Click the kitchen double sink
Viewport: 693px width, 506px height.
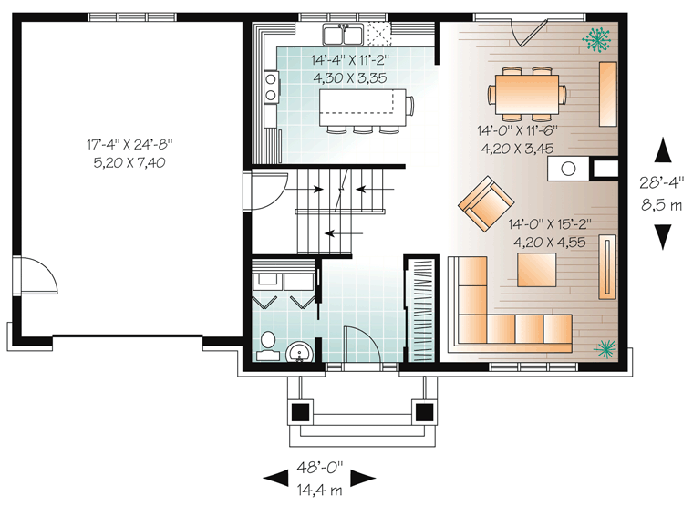[x=343, y=35]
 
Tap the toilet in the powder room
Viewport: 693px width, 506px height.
[x=267, y=346]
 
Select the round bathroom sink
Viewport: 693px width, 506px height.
[x=299, y=352]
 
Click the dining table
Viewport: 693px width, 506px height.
[x=527, y=94]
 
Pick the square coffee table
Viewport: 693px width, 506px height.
[x=537, y=269]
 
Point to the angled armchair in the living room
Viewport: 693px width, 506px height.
[x=486, y=203]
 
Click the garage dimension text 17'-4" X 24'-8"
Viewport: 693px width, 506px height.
[x=129, y=145]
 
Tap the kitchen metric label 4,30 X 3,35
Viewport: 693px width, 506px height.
[x=350, y=78]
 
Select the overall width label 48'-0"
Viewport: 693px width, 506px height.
[x=319, y=468]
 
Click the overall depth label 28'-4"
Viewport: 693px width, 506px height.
[x=662, y=182]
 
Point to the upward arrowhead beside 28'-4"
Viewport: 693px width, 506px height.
[x=663, y=150]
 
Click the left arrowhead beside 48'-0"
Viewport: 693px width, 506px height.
[x=275, y=478]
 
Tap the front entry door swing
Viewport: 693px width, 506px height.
[x=361, y=345]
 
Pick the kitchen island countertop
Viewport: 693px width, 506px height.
[x=362, y=108]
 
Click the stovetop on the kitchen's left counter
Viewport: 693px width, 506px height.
[x=271, y=87]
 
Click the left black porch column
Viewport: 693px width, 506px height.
[x=301, y=412]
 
